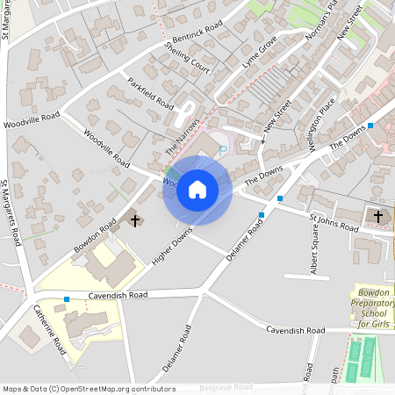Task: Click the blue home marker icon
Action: point(197,190)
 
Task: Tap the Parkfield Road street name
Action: point(150,92)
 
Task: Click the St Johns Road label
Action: point(334,222)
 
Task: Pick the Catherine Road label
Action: point(50,329)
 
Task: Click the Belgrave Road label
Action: point(226,387)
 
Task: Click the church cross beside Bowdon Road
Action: point(135,219)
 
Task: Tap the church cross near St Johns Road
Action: point(378,215)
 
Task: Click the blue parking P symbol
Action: point(223,150)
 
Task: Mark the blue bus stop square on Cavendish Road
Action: point(67,299)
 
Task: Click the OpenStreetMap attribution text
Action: point(89,389)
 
